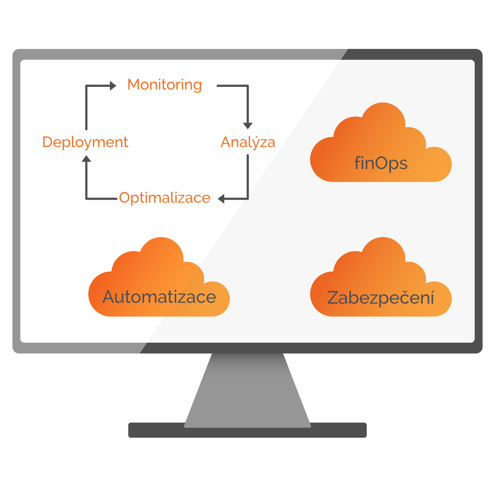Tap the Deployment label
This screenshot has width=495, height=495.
click(85, 142)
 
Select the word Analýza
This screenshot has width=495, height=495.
click(248, 142)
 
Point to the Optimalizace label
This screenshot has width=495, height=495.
click(165, 198)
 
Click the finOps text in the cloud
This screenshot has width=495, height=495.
click(381, 163)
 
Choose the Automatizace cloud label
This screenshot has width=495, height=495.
click(159, 297)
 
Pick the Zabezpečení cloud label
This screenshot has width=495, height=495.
click(381, 298)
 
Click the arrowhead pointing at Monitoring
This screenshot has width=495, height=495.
click(113, 86)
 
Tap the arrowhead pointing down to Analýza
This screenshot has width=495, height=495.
click(248, 126)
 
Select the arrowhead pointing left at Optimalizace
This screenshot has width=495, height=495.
click(221, 199)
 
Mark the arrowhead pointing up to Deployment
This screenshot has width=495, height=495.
click(86, 159)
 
